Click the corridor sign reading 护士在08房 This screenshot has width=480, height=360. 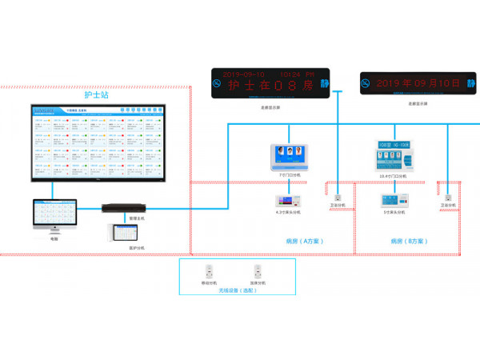[x=273, y=84]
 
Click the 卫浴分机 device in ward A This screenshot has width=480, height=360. [x=338, y=197]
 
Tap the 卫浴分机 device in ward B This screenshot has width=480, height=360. [x=448, y=197]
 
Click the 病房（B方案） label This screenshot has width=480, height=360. [x=409, y=240]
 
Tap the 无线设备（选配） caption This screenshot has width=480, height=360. [x=233, y=290]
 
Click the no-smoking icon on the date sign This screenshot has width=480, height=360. [x=366, y=83]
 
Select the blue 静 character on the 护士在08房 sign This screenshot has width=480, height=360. [x=325, y=82]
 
